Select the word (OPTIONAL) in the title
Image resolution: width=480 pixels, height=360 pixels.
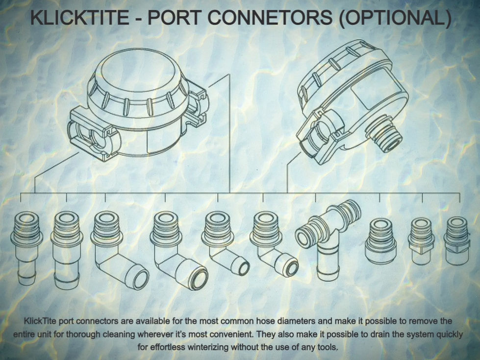point(395,18)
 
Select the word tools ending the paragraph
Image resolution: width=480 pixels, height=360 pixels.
point(328,347)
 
